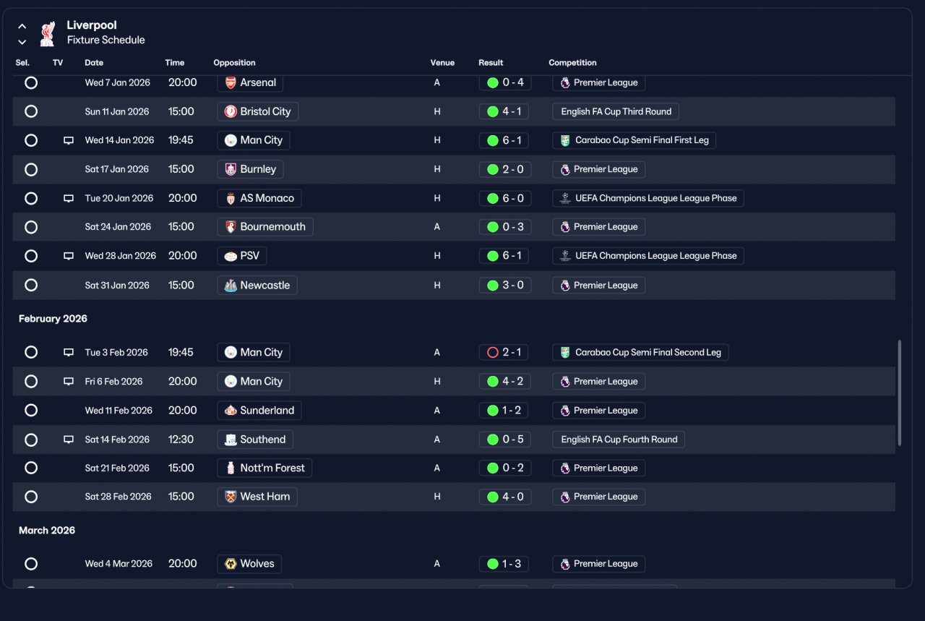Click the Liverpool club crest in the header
(x=48, y=33)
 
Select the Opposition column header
(x=234, y=63)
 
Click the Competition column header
(x=572, y=63)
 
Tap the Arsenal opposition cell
(x=250, y=82)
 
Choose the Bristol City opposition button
(x=258, y=111)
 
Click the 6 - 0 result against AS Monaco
(x=505, y=198)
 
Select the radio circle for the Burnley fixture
(x=31, y=169)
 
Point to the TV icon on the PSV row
(x=69, y=256)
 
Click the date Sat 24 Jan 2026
(x=118, y=227)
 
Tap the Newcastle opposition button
(x=257, y=285)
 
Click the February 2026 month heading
(x=53, y=319)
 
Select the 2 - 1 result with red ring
(x=504, y=353)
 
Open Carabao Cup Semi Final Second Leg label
(x=640, y=353)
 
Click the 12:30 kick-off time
(x=181, y=440)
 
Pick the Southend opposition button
(x=255, y=440)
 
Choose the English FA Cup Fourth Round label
(x=619, y=440)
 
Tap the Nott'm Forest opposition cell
(x=264, y=468)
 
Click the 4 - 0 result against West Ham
(x=505, y=497)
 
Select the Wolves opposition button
(x=249, y=564)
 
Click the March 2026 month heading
(x=47, y=531)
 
